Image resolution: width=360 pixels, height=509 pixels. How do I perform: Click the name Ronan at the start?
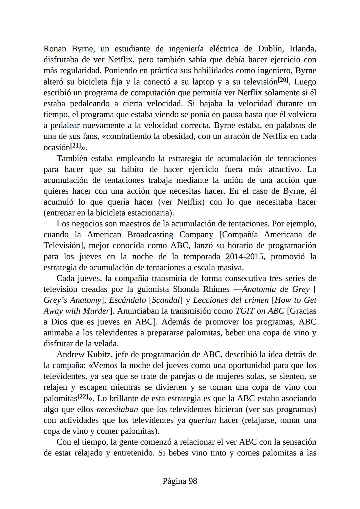(x=55, y=49)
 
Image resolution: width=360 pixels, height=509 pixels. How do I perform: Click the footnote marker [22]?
(x=83, y=397)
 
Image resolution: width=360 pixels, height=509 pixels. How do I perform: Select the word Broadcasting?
(x=150, y=235)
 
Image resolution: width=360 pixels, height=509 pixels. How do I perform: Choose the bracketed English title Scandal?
(x=165, y=300)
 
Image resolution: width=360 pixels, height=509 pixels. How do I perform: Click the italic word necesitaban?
(x=117, y=409)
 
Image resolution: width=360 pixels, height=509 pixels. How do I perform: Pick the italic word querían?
(x=202, y=420)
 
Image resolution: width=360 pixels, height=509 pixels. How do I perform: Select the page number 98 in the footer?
(x=193, y=481)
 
